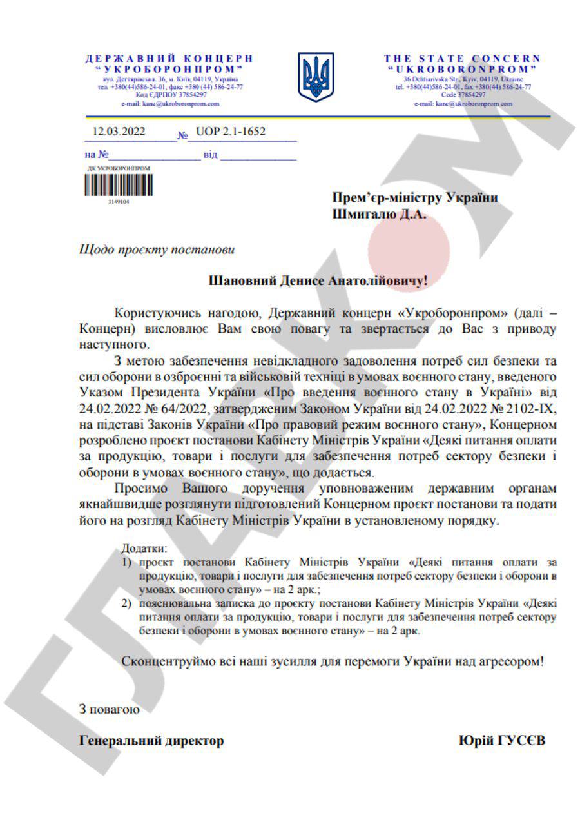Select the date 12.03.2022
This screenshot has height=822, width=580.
pos(119,133)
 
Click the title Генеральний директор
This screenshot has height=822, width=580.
pos(151,741)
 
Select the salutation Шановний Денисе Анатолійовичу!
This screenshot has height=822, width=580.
pos(318,281)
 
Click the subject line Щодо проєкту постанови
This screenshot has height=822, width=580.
pos(153,248)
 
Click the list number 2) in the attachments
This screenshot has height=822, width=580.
pos(126,603)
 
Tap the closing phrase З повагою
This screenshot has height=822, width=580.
pos(108,710)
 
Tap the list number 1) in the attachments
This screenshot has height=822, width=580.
pos(126,562)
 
